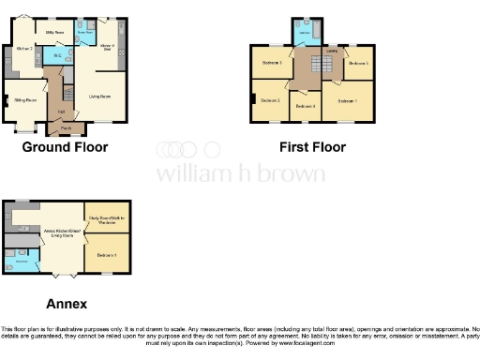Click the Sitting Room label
point(25,99)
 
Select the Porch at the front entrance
point(67,127)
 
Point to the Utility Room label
point(54,32)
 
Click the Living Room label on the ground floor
point(99,96)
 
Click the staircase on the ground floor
point(67,91)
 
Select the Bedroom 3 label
point(272,63)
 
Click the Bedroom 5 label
point(357,63)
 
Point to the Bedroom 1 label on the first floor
point(348,100)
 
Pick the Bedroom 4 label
point(305,107)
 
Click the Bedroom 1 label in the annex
point(105,254)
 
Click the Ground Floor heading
point(65,147)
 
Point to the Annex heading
point(67,304)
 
